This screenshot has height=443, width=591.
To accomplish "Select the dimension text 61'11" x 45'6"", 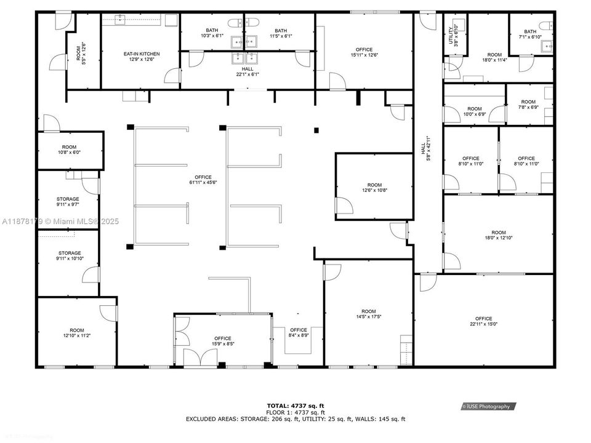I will pos(203,180).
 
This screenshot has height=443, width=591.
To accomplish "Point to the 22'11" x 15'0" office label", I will pos(483,321).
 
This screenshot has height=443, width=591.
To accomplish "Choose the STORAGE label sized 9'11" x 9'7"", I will pos(69,202).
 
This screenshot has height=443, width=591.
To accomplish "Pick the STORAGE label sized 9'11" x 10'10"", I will pos(69,255).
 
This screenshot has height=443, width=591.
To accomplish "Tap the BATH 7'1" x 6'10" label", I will pos(529,34).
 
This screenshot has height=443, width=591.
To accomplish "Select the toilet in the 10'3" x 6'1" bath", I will pos(234,23).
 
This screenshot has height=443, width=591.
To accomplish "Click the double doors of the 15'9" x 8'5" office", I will pos(198,358).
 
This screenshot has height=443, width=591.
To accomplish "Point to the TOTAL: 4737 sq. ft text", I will pos(295,406).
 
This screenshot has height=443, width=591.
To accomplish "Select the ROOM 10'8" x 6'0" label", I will pos(69,150).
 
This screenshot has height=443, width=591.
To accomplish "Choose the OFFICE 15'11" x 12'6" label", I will pos(364,52).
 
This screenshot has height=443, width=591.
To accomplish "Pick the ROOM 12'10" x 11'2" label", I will pos(76,333).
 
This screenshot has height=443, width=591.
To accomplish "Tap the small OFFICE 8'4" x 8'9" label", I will pos(298,332).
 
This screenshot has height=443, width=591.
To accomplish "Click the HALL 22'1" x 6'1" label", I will pos(247,71).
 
